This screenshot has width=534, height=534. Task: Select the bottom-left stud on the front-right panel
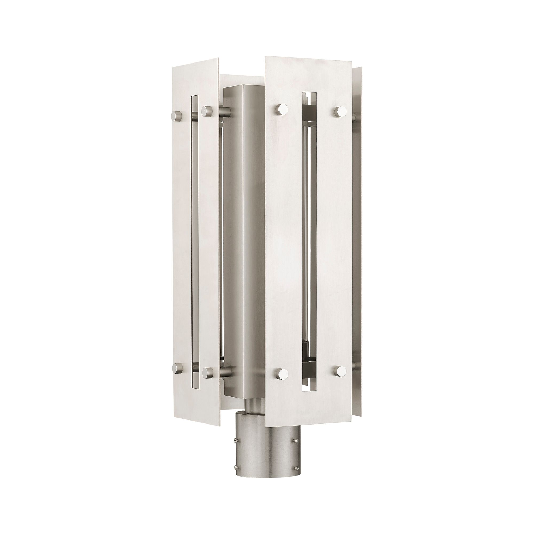click(x=282, y=374)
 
